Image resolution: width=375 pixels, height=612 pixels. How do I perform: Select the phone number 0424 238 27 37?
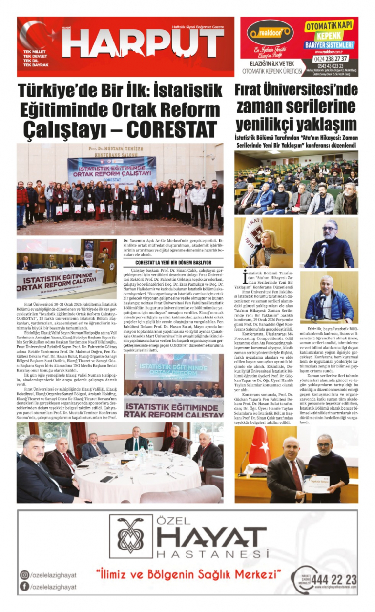[334, 58]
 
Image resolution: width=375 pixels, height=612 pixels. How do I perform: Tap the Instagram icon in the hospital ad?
[24, 575]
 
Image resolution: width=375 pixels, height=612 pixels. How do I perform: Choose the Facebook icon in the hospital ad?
[24, 587]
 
